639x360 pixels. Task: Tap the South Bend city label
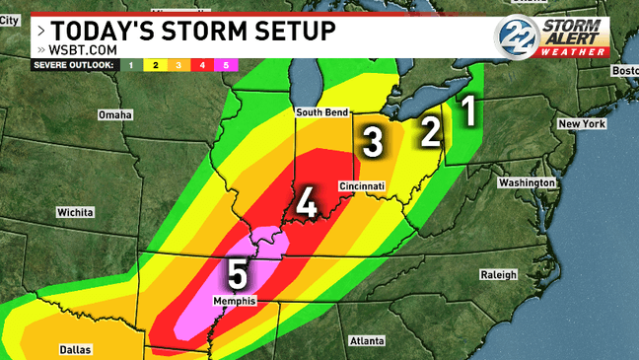tap(323, 112)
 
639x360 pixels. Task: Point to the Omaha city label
tap(115, 115)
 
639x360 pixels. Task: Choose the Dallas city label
tap(75, 348)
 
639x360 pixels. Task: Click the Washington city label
tap(527, 183)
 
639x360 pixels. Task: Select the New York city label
tap(580, 124)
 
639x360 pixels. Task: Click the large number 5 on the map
tap(239, 270)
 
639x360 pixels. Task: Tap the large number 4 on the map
tap(307, 204)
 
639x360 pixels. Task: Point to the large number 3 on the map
tap(372, 142)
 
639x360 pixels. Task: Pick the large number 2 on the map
tap(430, 130)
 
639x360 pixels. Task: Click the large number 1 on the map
tap(470, 110)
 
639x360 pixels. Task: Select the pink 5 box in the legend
tap(226, 65)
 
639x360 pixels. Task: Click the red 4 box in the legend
tap(201, 65)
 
